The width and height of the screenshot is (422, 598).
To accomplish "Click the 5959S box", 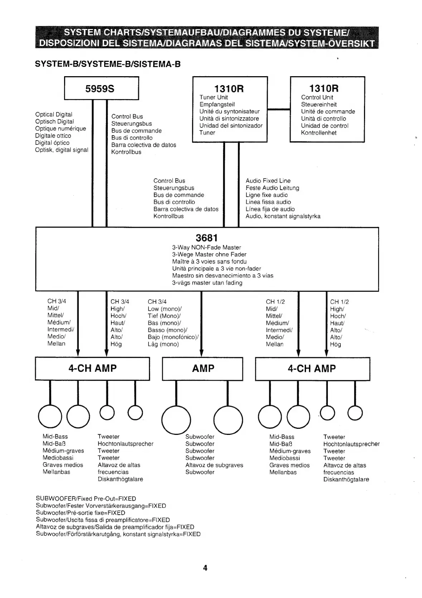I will coord(101,88).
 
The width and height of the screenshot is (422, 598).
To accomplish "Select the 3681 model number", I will coord(207,238).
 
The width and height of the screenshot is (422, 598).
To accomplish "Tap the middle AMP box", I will coord(203,368).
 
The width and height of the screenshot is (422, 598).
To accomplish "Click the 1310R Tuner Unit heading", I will coord(229,88).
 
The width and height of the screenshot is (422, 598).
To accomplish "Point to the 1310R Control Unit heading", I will coord(324,88).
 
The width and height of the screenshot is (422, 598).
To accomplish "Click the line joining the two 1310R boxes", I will coord(278,109).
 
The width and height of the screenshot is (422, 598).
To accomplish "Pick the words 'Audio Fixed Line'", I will coord(268,181).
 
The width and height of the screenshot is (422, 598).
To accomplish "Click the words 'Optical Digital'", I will coord(54,114).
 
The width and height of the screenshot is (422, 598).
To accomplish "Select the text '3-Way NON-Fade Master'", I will coord(207,247).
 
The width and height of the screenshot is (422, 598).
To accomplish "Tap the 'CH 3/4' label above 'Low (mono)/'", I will coord(157,302).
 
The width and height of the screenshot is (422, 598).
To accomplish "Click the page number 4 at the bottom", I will coord(205,568).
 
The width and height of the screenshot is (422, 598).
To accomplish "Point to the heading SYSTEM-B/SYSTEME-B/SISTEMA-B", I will coord(107,64).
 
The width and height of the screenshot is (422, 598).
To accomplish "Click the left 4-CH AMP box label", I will coord(92,368).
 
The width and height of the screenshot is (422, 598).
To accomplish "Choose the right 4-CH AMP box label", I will coord(312,368).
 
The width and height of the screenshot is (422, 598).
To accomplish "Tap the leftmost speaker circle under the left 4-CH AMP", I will coord(50,417).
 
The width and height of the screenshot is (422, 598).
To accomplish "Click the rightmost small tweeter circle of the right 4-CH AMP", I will coord(355,413).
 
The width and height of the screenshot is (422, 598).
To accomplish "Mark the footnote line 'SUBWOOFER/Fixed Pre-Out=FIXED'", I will coord(86,499).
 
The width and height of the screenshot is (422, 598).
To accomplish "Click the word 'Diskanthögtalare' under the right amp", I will coord(346,479).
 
